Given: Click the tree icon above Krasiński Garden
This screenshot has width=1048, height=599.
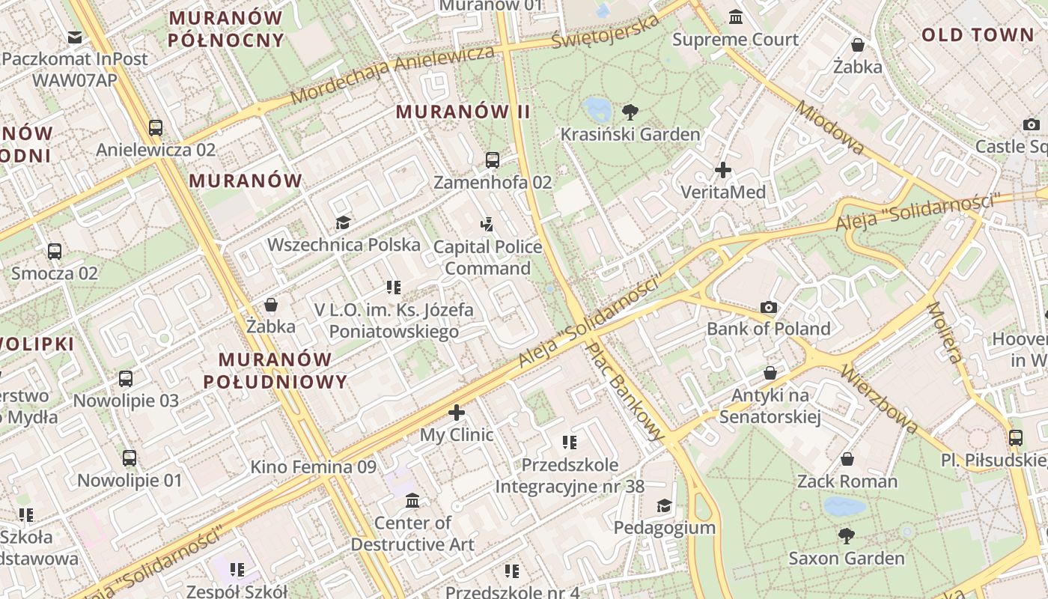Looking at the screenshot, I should point(630,112).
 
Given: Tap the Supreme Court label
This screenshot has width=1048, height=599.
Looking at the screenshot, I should point(735,39).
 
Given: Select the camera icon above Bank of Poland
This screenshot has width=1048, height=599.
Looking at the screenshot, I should point(769,307).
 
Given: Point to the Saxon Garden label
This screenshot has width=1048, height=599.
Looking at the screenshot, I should point(847,558).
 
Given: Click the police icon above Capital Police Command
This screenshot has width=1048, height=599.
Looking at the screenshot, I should point(487,223).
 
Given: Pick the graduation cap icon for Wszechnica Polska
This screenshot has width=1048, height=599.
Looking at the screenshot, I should point(343,222).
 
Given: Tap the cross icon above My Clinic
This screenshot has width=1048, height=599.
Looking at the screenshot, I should point(457,413).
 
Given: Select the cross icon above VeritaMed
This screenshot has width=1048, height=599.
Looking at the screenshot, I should point(722,170).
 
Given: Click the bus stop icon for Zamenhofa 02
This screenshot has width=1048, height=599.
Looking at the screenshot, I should point(493,159).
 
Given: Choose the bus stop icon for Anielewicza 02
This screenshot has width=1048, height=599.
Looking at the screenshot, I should point(156,127).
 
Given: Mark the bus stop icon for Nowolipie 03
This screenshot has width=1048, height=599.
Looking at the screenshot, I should point(126,379).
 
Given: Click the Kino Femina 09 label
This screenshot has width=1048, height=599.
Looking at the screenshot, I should point(313,467).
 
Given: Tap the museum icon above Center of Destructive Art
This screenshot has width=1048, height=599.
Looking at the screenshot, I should point(412,500).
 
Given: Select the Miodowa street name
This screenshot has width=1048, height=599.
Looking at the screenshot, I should point(829,128).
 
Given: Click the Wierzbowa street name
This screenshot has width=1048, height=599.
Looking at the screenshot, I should point(880,398).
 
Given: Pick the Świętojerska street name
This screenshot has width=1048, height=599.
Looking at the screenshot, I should point(606,31).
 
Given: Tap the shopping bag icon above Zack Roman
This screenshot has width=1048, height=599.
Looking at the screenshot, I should point(847,458).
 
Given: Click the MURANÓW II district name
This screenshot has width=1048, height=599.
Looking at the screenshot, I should point(463,112).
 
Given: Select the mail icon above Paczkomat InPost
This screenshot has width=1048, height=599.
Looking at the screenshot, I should point(75,37).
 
